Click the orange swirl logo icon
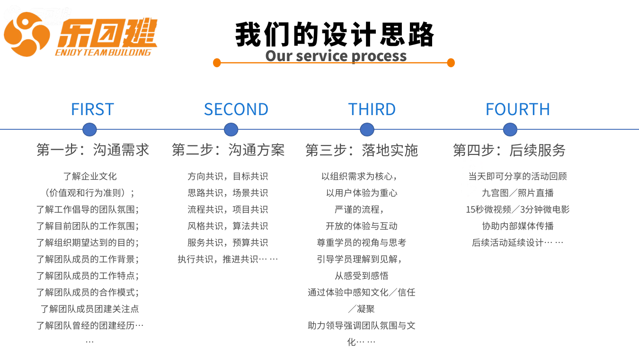(27, 34)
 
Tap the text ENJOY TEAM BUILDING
(103, 53)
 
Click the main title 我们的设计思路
(334, 35)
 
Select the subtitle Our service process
(336, 56)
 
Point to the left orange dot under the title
(217, 63)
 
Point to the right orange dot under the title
(451, 63)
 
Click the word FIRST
(92, 109)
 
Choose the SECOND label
(236, 109)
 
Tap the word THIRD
(372, 109)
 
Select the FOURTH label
(518, 109)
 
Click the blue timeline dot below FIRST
(89, 130)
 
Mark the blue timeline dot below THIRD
(367, 130)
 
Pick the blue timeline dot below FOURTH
(510, 130)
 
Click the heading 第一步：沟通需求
(93, 150)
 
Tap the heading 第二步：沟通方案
(228, 150)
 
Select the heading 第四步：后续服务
(509, 150)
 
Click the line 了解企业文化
(90, 176)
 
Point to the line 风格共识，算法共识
(228, 226)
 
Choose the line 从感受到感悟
(362, 276)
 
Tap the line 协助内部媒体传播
(518, 226)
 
